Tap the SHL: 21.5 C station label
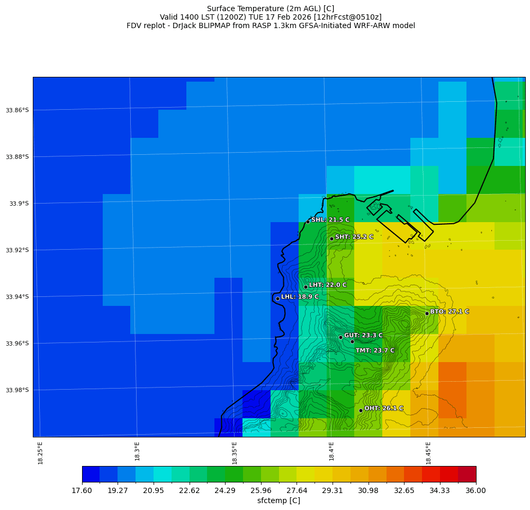tap(330, 220)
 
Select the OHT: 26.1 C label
tap(384, 408)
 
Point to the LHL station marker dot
tap(277, 298)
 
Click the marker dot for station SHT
tap(331, 239)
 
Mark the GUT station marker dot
tap(340, 337)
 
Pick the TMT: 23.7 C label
tap(375, 350)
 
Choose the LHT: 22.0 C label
tap(328, 285)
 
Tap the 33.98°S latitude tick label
tap(17, 390)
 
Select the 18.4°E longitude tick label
tap(331, 453)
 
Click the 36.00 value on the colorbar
tap(475, 490)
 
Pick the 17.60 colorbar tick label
tap(82, 490)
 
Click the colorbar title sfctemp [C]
tap(279, 500)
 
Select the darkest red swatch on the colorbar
tap(467, 473)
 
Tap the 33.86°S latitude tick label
tap(17, 110)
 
